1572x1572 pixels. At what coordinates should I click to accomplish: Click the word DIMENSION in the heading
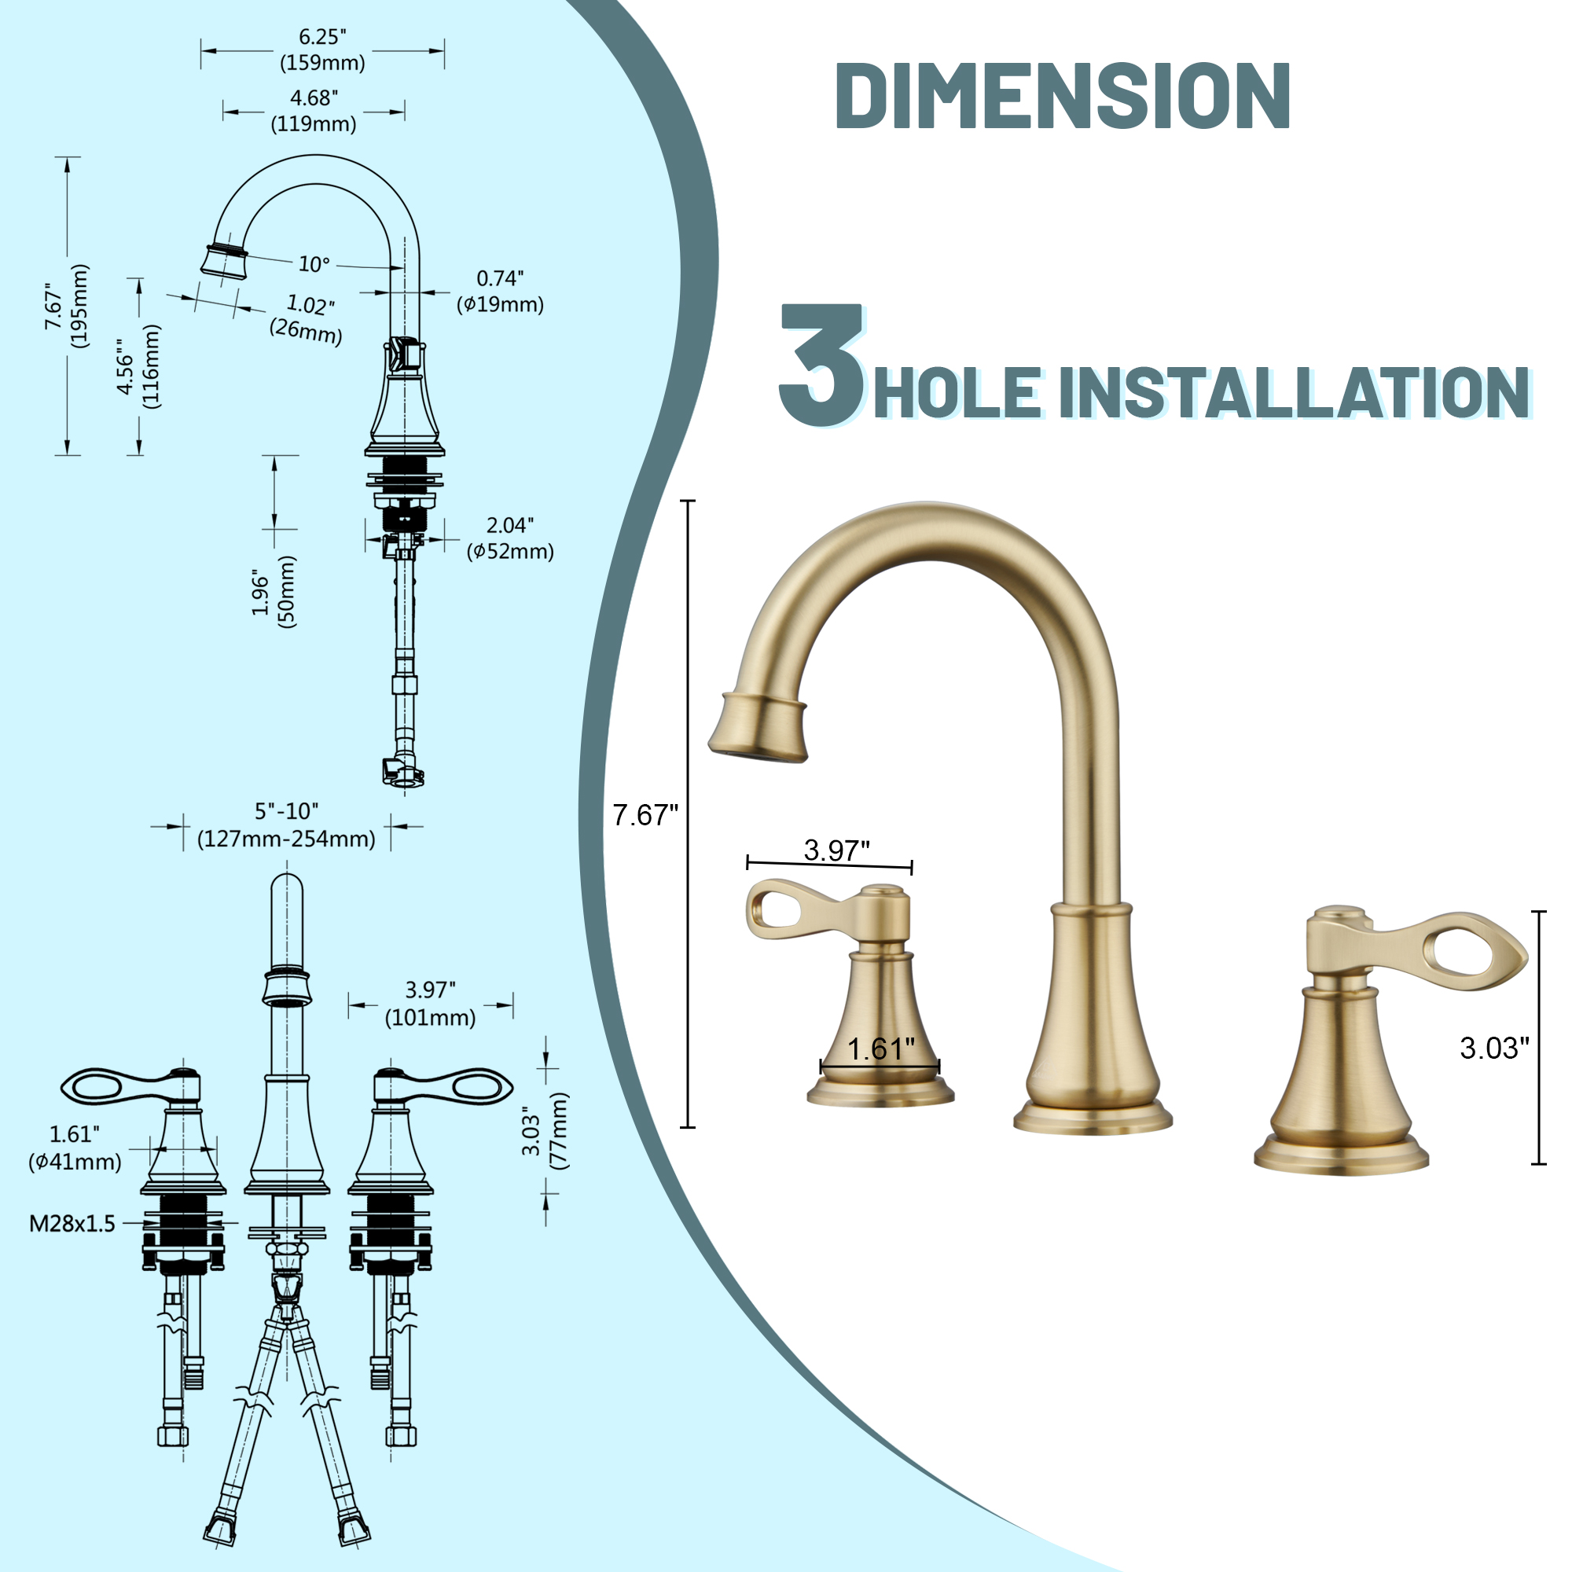(x=1062, y=95)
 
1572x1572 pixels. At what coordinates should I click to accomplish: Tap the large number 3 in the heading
(x=820, y=365)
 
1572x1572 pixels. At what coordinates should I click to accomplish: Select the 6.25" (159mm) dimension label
(x=322, y=50)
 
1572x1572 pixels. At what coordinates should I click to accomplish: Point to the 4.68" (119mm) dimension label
(x=314, y=111)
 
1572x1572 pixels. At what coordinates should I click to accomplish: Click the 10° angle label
(x=314, y=264)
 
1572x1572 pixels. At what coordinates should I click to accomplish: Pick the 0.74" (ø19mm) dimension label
(x=500, y=292)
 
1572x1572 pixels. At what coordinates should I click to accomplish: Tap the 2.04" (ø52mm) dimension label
(x=510, y=538)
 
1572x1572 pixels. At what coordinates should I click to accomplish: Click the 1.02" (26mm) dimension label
(x=307, y=318)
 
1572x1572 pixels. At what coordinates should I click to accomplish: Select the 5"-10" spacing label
(x=286, y=825)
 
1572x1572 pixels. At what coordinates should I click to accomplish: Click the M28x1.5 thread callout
(x=72, y=1223)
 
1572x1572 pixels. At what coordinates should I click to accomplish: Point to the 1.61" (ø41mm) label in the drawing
(x=75, y=1148)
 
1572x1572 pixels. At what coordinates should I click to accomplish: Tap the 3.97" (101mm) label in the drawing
(x=430, y=1003)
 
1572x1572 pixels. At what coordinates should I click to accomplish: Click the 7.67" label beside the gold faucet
(x=645, y=814)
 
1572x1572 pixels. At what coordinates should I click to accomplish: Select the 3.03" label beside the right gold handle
(x=1494, y=1048)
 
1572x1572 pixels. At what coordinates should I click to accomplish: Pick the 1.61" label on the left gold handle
(x=881, y=1049)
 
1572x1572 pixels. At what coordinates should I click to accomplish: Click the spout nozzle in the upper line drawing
(x=224, y=260)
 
